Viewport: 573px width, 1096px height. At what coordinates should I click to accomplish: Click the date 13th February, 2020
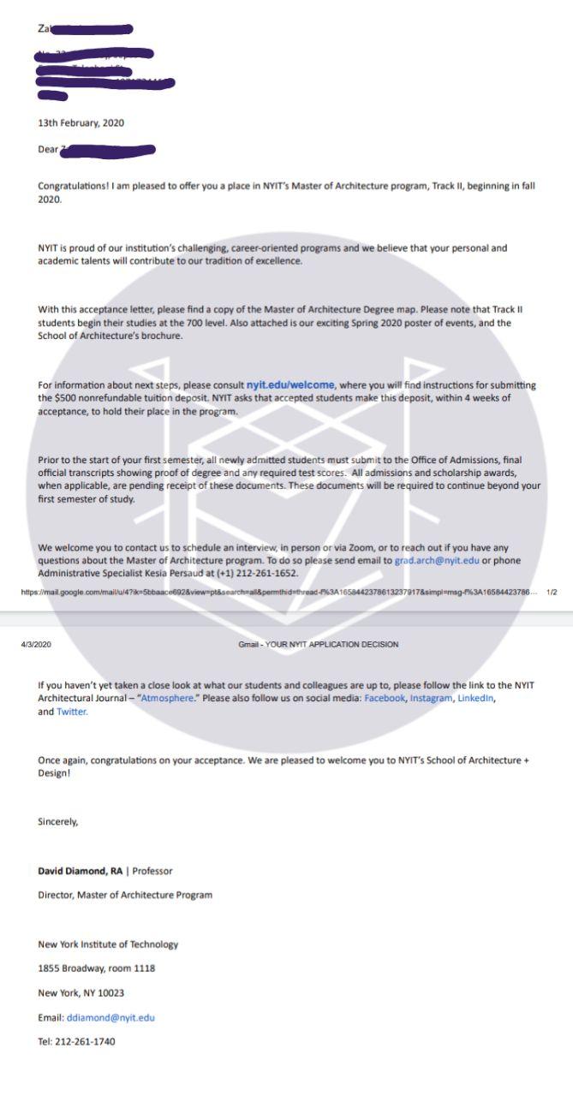81,122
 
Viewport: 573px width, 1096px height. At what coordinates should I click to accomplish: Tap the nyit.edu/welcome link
290,384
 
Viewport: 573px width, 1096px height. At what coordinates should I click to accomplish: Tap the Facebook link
384,699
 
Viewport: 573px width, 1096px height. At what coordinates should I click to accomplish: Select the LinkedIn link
476,699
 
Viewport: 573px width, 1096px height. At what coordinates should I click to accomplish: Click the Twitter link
72,712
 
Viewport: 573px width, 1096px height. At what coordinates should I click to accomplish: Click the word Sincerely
57,821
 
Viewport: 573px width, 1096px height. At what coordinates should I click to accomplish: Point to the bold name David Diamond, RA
80,871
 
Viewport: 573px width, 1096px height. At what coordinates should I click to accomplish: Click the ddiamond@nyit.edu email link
110,1018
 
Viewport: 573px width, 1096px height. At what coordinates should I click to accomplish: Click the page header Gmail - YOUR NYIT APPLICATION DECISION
318,644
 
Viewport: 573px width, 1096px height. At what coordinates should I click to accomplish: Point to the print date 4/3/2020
37,644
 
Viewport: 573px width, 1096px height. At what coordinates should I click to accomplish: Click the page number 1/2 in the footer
552,592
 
